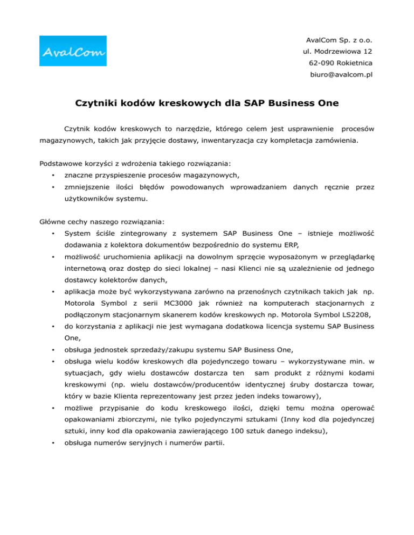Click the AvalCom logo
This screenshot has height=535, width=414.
(73, 52)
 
